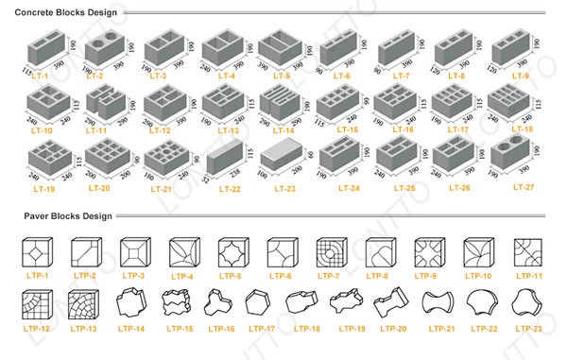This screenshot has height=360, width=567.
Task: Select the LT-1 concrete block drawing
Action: point(44,47)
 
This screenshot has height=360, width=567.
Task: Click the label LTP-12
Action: point(37,328)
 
